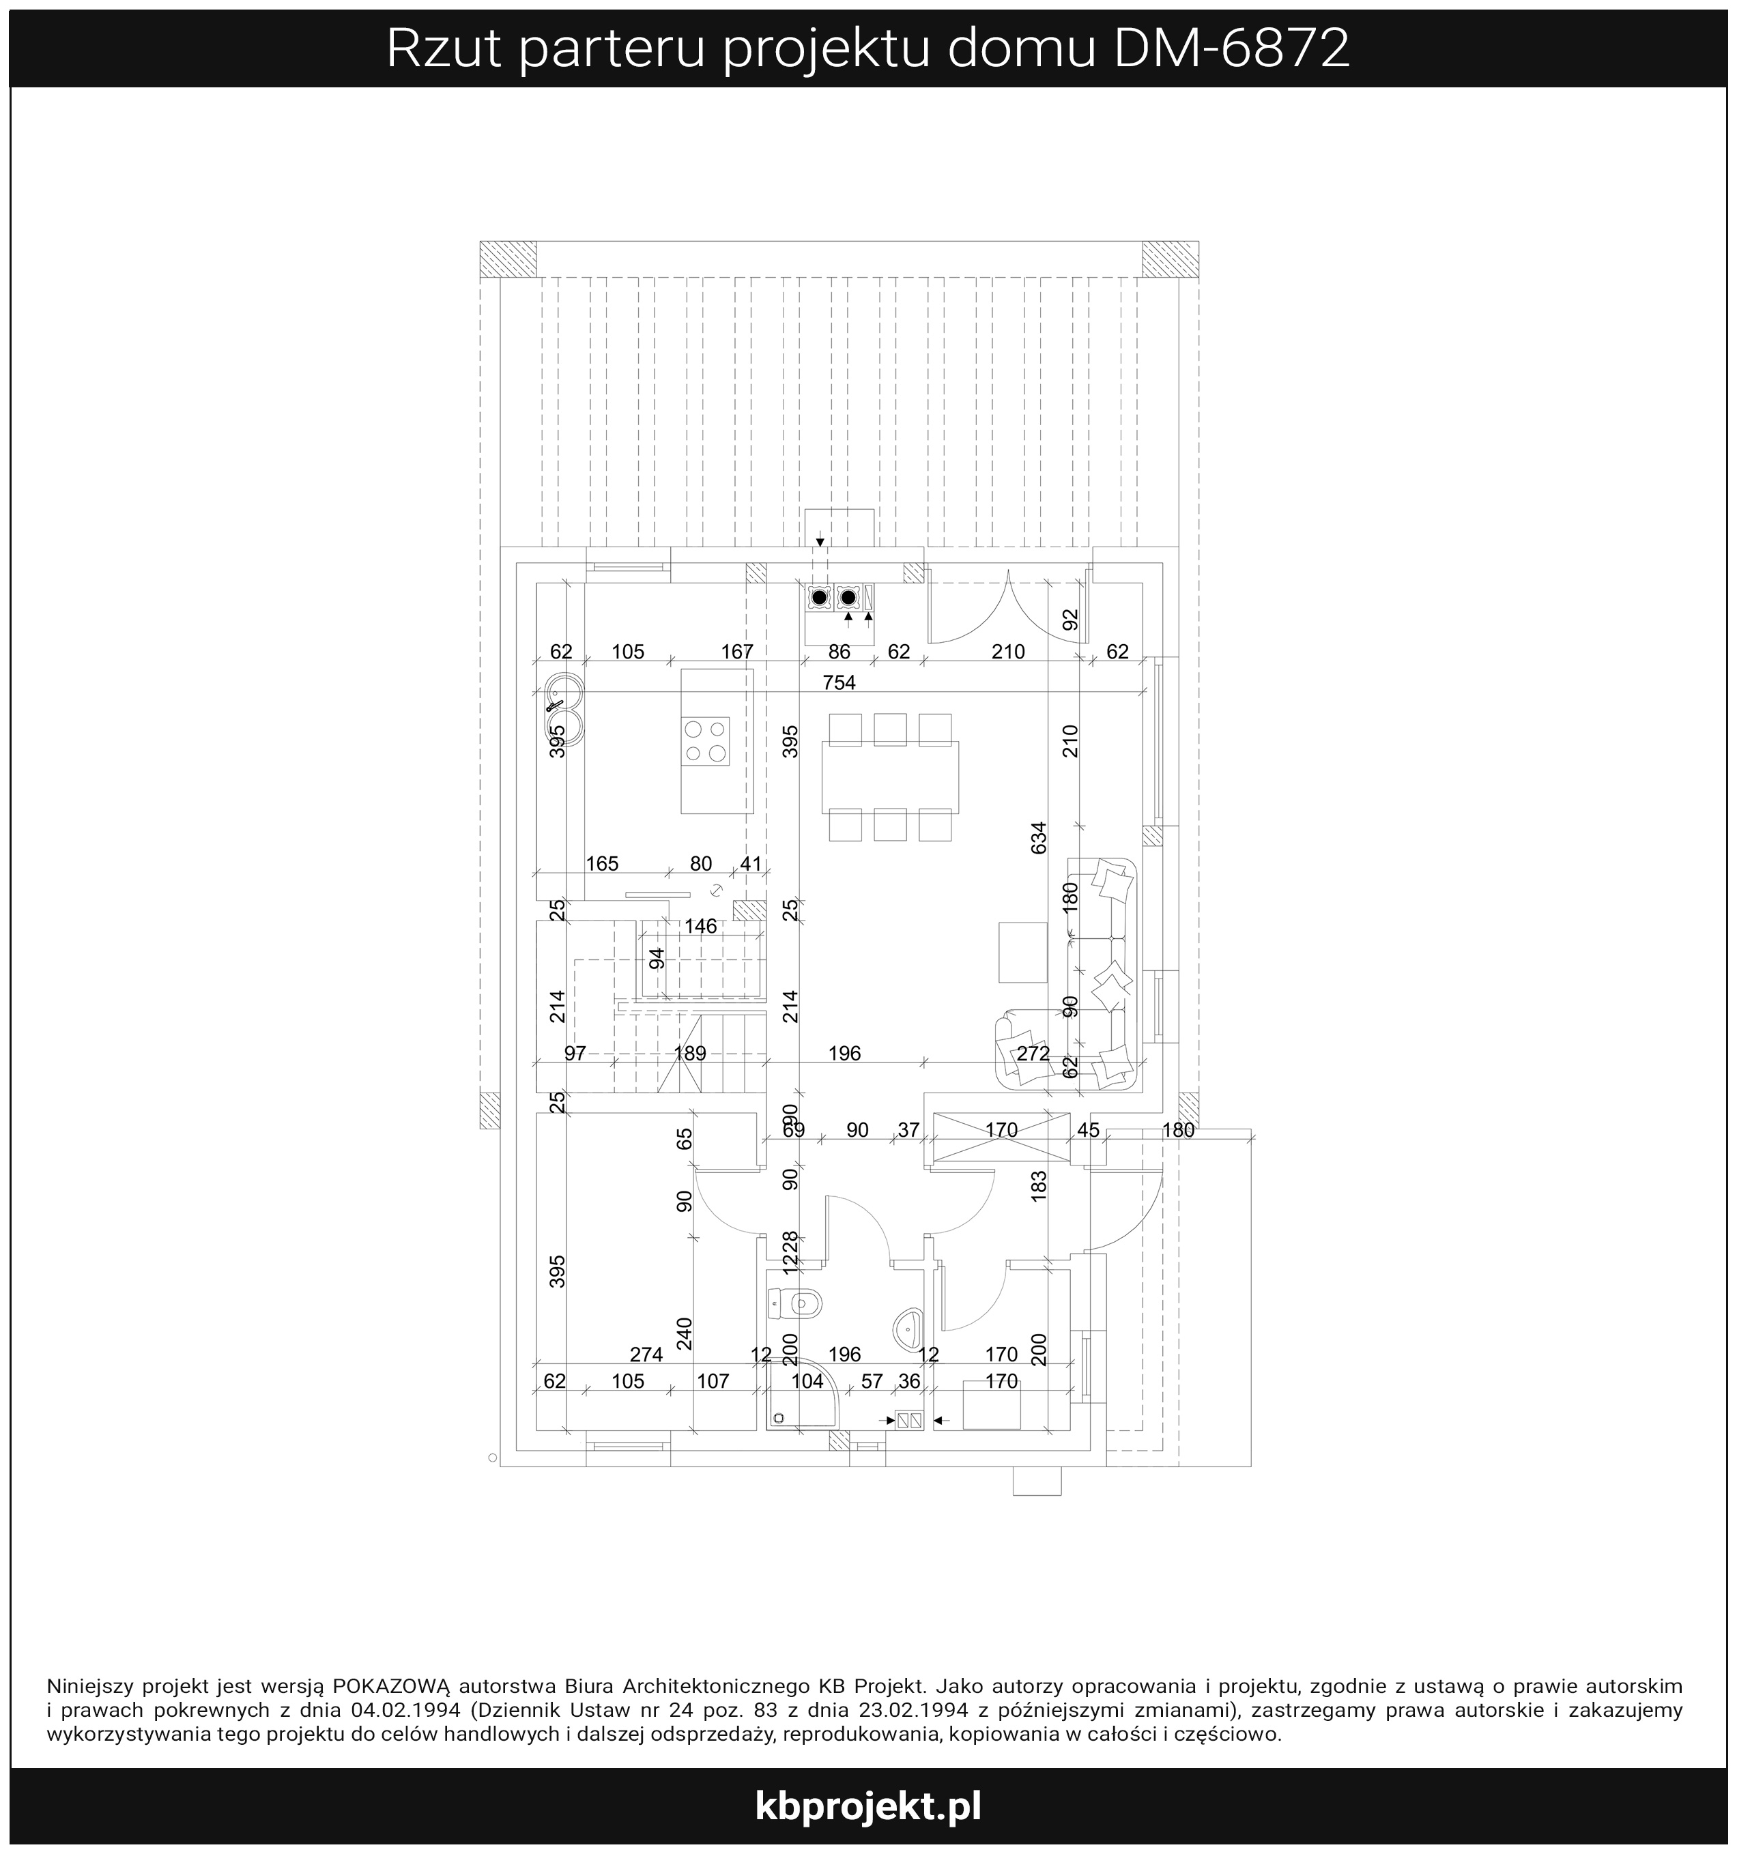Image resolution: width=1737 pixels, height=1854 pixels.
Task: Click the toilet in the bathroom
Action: tap(795, 1303)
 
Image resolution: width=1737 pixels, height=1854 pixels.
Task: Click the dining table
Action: tap(890, 778)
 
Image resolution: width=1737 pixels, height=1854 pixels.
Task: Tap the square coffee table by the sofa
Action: tap(1023, 952)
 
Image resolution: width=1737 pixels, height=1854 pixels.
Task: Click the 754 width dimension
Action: tap(839, 682)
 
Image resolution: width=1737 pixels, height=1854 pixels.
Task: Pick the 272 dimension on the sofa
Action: tap(1033, 1054)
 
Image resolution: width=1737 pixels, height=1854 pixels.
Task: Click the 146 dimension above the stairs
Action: tap(700, 926)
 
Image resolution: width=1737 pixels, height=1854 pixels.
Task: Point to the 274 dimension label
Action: tap(646, 1354)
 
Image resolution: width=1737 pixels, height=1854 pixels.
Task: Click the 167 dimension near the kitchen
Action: tap(737, 652)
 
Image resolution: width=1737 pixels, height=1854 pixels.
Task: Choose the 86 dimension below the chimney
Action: tap(839, 652)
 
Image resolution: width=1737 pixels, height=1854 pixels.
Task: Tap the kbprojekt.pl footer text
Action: tap(868, 1806)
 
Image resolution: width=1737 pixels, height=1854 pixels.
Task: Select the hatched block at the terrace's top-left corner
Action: tap(508, 259)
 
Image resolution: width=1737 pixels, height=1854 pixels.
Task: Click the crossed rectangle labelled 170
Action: tap(1002, 1137)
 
